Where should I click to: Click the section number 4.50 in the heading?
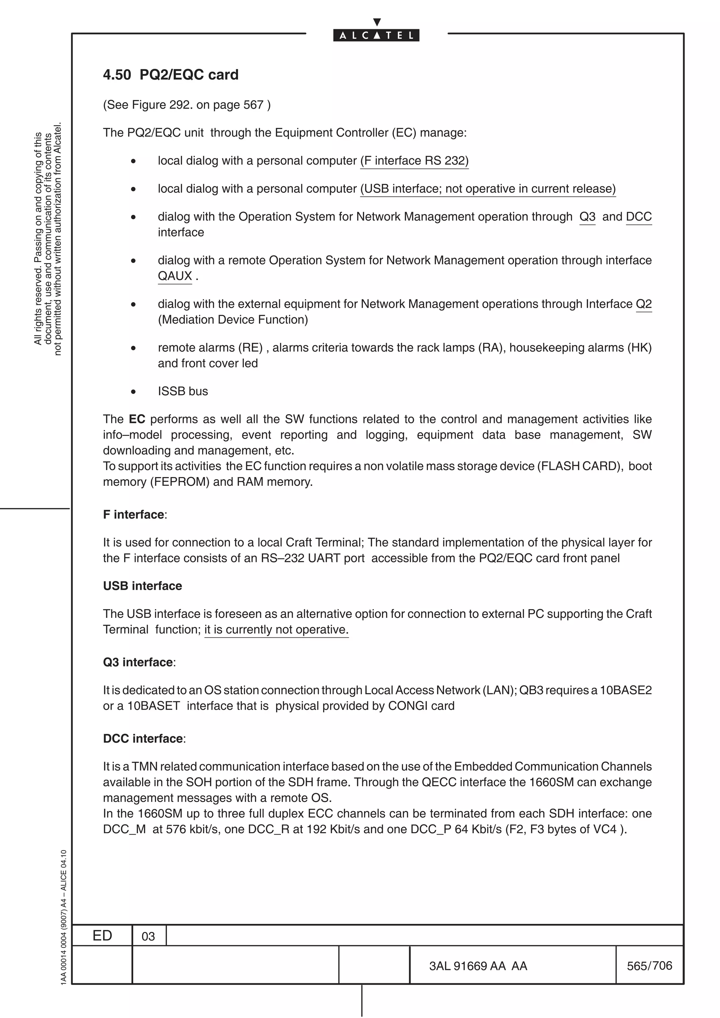click(x=117, y=74)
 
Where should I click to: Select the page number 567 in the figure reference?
click(x=253, y=105)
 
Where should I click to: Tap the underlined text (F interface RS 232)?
click(x=414, y=161)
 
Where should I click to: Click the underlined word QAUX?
click(x=175, y=276)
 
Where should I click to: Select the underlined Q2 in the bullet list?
click(x=643, y=304)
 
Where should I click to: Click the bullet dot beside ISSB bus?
click(x=133, y=392)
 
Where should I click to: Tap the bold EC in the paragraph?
click(x=137, y=419)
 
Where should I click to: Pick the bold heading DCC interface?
click(x=143, y=738)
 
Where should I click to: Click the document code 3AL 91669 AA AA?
click(x=478, y=966)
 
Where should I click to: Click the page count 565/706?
click(x=649, y=965)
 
